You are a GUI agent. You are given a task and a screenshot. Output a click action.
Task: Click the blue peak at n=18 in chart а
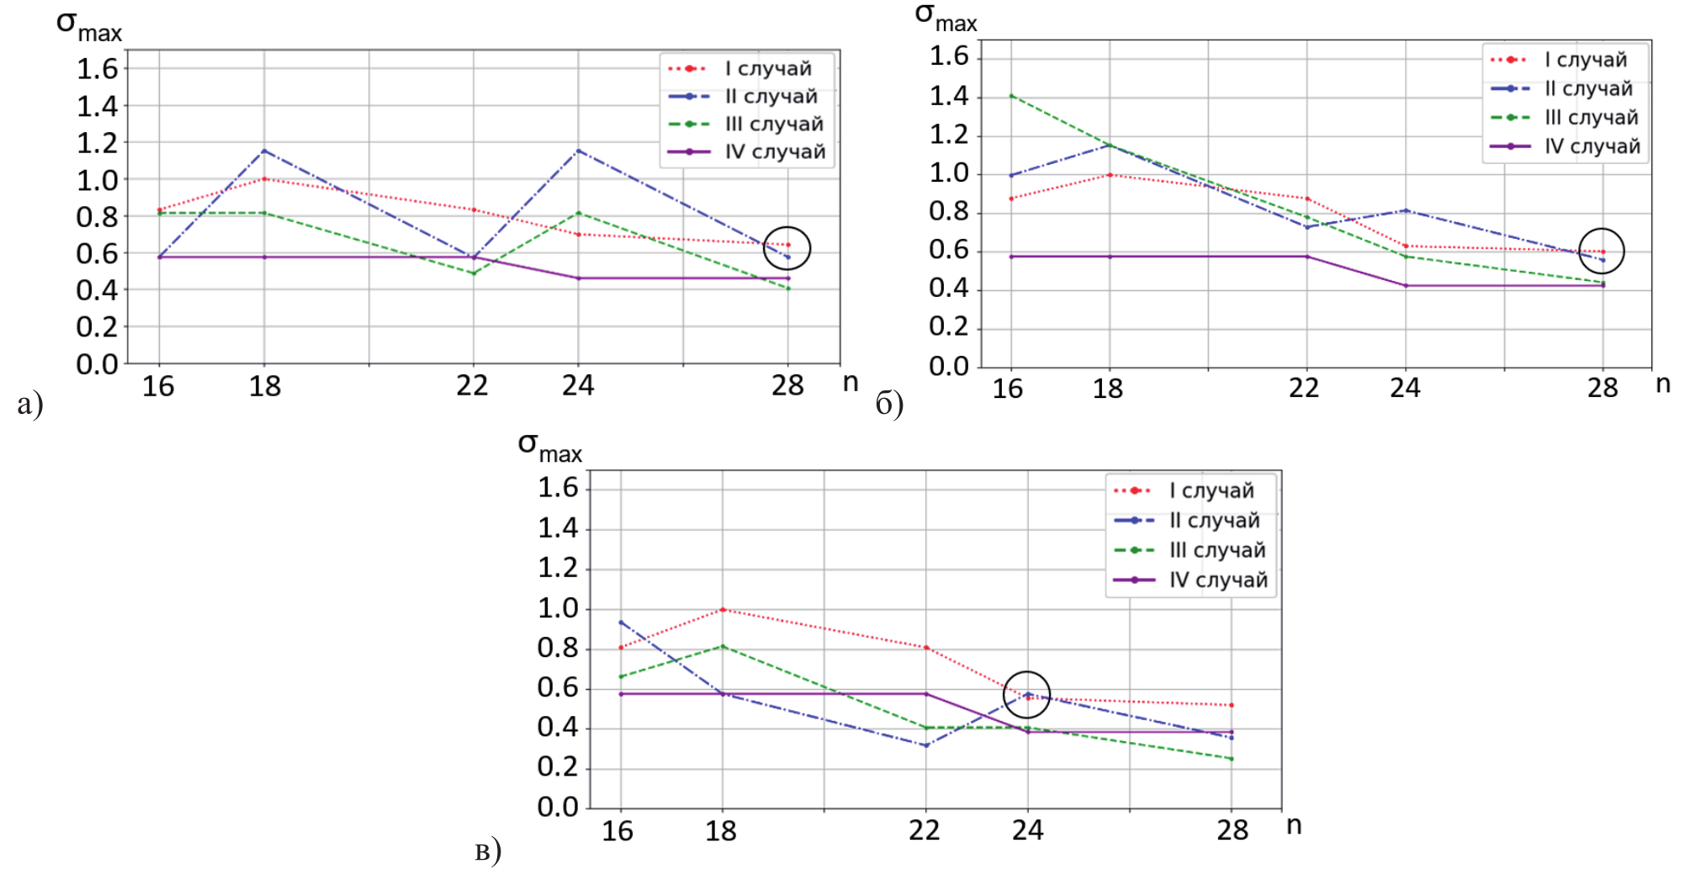point(264,151)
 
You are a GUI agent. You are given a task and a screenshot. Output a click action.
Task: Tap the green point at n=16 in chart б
point(1010,96)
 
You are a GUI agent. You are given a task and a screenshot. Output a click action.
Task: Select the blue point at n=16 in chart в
point(621,623)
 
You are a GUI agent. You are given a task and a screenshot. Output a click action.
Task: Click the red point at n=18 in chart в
point(723,609)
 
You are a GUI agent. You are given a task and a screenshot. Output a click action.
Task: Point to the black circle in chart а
point(787,248)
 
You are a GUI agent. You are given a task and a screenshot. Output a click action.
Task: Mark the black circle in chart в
point(1026,695)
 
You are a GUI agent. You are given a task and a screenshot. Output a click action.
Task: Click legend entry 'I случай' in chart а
point(767,69)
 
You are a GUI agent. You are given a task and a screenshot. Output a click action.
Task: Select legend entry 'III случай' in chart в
point(1216,550)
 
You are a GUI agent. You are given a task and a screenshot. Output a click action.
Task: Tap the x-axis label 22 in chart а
point(472,386)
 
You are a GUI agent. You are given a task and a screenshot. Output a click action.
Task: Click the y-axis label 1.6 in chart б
point(949,56)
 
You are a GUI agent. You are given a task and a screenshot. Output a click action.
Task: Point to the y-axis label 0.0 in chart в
point(559,808)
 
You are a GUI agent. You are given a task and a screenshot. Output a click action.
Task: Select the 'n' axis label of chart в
point(1294,825)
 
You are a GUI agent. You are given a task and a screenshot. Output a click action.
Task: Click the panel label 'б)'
point(889,404)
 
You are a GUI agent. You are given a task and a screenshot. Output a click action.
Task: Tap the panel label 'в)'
point(488,851)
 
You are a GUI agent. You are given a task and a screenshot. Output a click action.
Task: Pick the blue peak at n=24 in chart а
point(578,151)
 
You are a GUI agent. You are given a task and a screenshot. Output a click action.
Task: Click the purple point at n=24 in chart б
point(1405,286)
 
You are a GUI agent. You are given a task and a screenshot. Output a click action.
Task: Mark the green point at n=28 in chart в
point(1232,759)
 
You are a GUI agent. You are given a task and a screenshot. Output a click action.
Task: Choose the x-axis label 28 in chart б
point(1603,388)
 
